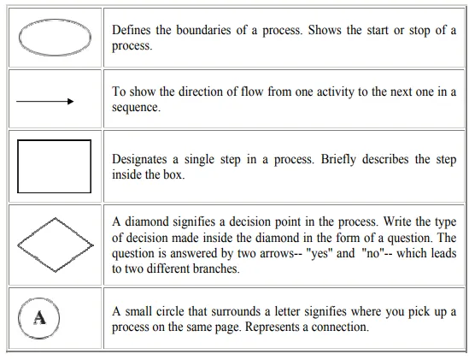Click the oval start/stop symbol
point(19,38)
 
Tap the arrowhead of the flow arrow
point(71,102)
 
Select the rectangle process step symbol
point(18,166)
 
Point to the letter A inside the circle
point(39,318)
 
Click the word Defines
point(131,30)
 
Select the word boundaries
point(203,30)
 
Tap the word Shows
point(325,30)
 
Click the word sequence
point(136,108)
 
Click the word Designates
point(139,159)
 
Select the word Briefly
point(338,159)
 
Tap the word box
point(173,175)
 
